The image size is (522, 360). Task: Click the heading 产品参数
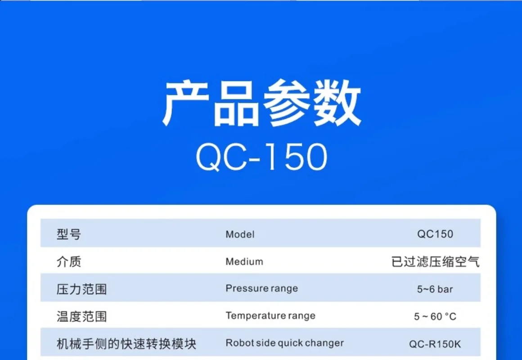[261, 103]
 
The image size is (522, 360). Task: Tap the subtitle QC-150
[261, 157]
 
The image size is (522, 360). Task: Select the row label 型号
[68, 234]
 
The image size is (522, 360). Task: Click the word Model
[240, 234]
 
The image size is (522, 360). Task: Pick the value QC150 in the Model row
[435, 234]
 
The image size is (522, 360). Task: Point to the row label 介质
[68, 262]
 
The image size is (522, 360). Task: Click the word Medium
[244, 262]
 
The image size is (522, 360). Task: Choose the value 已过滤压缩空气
[436, 262]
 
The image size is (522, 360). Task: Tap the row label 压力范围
[81, 289]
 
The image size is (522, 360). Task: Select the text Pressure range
[261, 289]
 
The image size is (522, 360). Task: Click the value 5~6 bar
[435, 289]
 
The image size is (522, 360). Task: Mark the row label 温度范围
[81, 316]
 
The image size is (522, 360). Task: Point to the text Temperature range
[270, 316]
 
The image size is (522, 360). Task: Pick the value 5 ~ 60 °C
[435, 316]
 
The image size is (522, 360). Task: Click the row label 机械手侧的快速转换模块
[126, 344]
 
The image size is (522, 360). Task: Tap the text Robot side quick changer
[285, 343]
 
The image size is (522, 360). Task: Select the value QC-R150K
[435, 344]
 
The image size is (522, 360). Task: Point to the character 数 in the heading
[337, 103]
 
